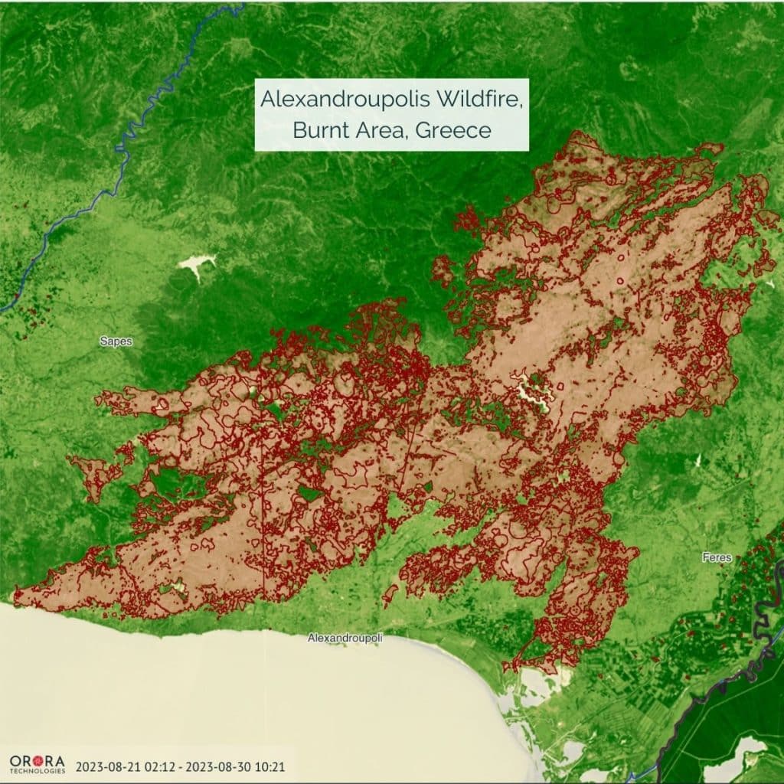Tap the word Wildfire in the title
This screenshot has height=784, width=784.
(x=486, y=100)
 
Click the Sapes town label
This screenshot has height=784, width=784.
(x=116, y=341)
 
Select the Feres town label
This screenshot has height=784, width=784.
(x=717, y=557)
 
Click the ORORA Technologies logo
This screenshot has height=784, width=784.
(x=37, y=763)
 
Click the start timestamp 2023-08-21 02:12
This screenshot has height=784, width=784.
(x=126, y=765)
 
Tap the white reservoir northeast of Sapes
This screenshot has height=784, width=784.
(x=196, y=266)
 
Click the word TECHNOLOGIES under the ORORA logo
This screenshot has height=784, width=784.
(x=37, y=771)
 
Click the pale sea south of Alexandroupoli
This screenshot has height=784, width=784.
(x=268, y=697)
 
